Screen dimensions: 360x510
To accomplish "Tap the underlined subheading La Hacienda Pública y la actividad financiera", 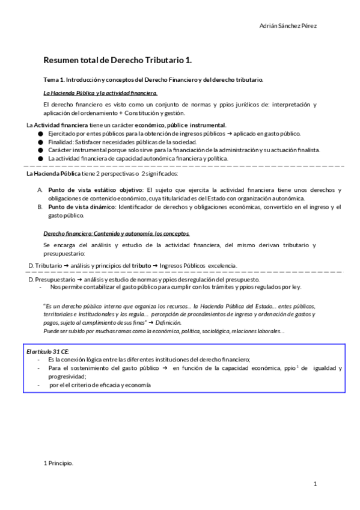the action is [x=101, y=93].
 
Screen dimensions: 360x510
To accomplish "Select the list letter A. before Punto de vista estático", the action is [x=40, y=190].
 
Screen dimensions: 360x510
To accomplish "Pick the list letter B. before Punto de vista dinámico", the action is [x=40, y=207].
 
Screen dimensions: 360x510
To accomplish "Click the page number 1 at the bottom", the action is [x=314, y=484].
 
